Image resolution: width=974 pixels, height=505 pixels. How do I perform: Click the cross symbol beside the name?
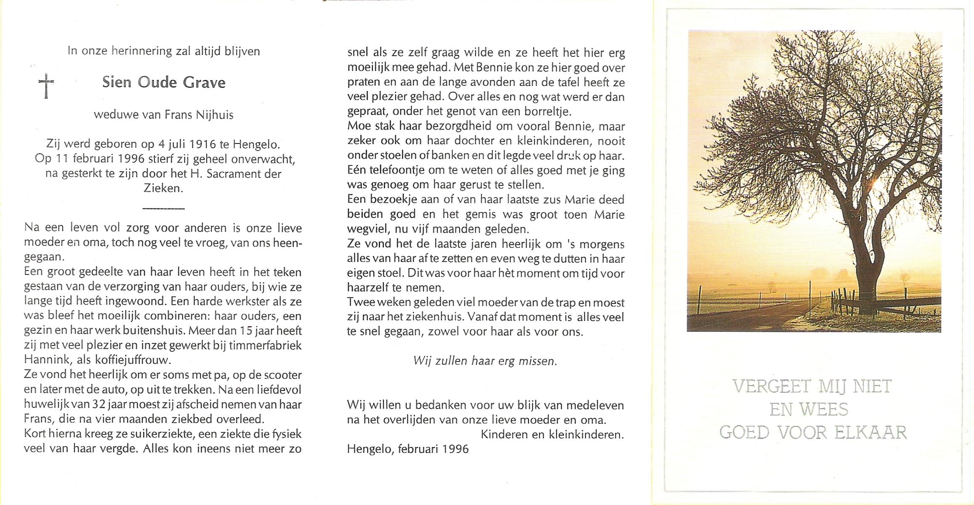click(x=46, y=85)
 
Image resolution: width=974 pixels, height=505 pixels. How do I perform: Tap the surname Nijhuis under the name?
click(x=215, y=115)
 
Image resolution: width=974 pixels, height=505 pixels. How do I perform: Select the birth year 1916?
click(x=203, y=144)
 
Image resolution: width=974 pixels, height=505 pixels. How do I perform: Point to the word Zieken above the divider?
click(x=163, y=188)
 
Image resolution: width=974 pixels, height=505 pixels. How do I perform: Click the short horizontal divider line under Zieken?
click(x=163, y=208)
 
